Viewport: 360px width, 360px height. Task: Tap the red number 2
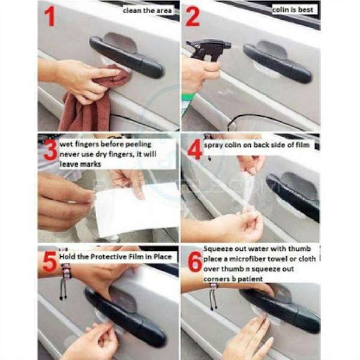[x=193, y=17]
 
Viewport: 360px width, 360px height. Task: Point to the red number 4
[x=193, y=147]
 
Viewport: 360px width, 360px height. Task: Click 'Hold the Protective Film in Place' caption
[x=115, y=257]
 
